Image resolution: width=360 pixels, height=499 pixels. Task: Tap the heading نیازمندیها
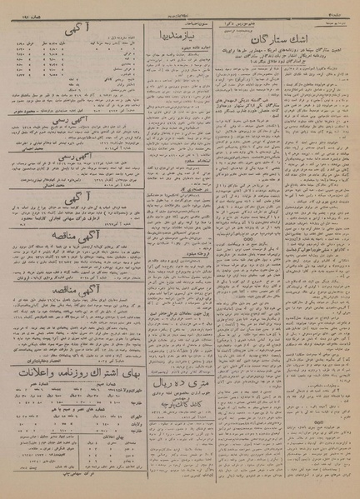tap(177, 39)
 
